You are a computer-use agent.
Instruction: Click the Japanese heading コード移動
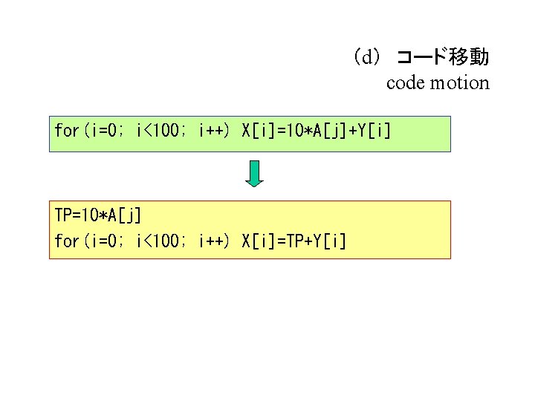(x=442, y=57)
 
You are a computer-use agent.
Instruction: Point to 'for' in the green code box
(x=66, y=131)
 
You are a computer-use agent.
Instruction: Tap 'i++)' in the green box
(x=214, y=131)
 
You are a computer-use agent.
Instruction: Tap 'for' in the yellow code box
(x=66, y=241)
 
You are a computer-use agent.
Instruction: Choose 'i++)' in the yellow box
(x=214, y=241)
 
